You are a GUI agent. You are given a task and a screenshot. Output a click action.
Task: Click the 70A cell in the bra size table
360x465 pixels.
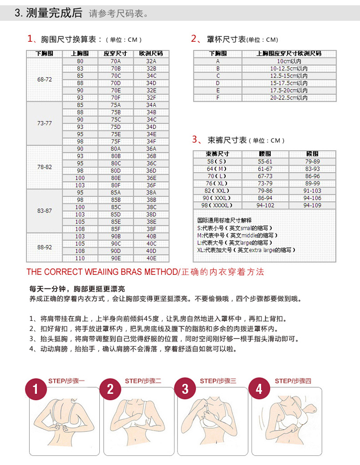tap(116, 61)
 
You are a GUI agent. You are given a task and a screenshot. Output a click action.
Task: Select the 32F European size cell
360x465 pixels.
tap(151, 98)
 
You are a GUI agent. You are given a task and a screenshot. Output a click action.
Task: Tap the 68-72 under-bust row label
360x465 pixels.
tap(45, 79)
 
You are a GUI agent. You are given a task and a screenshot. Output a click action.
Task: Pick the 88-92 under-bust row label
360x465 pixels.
tap(45, 247)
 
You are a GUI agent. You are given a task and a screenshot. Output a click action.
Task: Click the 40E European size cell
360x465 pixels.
tap(151, 258)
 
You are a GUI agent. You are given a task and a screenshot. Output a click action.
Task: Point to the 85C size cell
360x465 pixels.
tap(116, 207)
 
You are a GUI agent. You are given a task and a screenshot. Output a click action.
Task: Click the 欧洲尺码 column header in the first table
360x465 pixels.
tap(151, 54)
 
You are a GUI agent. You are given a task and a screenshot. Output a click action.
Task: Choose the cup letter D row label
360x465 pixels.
tap(217, 83)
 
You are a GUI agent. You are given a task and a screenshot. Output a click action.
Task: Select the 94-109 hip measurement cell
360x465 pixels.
tap(312, 205)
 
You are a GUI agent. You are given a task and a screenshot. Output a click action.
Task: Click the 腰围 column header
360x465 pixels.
tap(264, 154)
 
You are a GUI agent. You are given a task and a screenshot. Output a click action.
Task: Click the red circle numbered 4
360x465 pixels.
tap(260, 389)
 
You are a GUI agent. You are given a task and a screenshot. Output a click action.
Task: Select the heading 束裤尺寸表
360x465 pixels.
tap(227, 140)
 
